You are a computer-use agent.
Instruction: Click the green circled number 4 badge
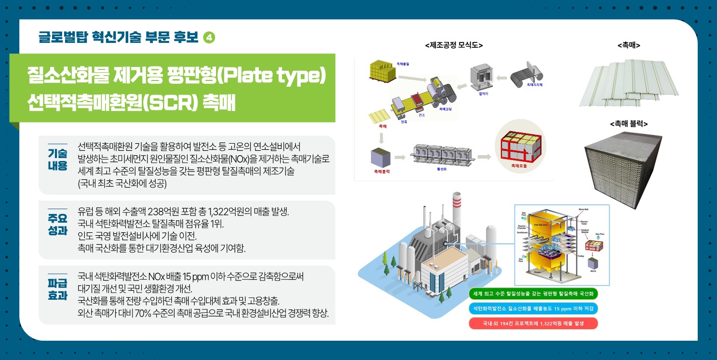tap(209, 38)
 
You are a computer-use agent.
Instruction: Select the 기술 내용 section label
tap(57, 160)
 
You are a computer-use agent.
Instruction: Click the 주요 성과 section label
tap(57, 224)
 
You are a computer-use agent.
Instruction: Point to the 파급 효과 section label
tap(57, 289)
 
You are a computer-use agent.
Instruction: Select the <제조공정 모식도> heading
tap(454, 45)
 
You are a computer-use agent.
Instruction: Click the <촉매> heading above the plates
tap(628, 45)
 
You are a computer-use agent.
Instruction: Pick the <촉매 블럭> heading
tap(628, 124)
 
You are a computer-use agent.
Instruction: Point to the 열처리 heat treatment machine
tap(482, 78)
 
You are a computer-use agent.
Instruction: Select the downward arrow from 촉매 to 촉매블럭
tap(381, 139)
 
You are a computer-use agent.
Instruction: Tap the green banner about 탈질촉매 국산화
tap(533, 294)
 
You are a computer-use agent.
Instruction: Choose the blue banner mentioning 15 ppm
tap(533, 308)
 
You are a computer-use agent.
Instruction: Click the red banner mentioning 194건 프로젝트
tap(533, 323)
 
